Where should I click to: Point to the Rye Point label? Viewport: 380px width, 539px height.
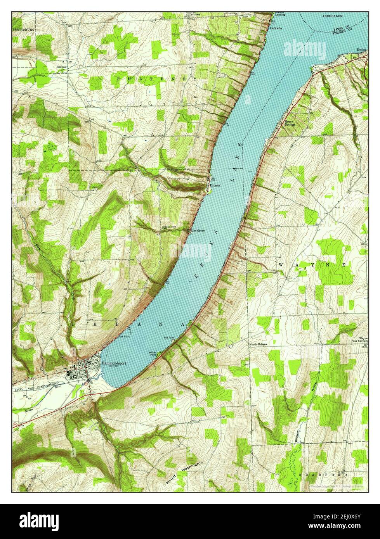pyautogui.click(x=169, y=338)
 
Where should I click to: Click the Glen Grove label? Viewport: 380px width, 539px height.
pyautogui.click(x=197, y=231)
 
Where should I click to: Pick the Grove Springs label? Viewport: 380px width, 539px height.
pyautogui.click(x=290, y=123)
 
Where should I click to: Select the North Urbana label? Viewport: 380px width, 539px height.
pyautogui.click(x=258, y=344)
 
